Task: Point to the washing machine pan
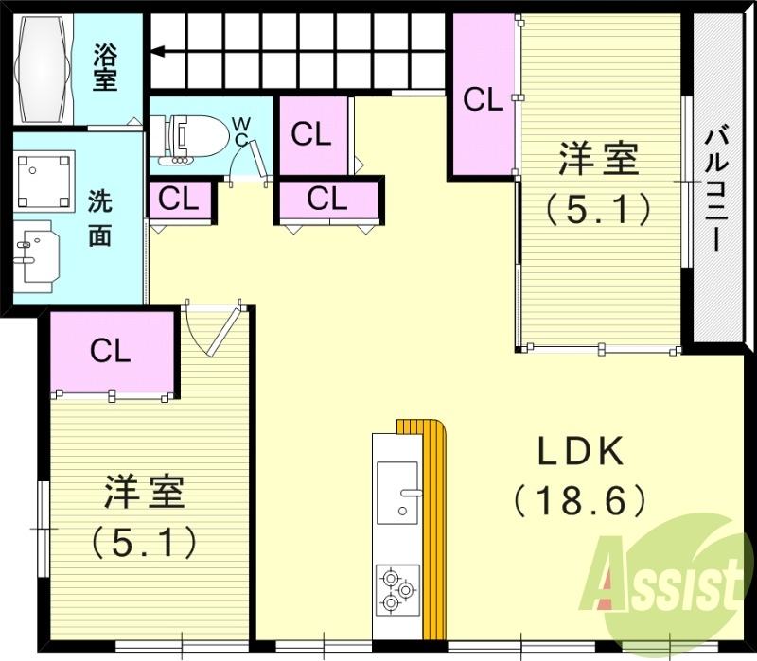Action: pos(44,181)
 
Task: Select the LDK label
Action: pos(580,453)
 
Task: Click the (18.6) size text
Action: pos(580,497)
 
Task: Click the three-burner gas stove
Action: pos(396,588)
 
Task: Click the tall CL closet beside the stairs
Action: pos(483,97)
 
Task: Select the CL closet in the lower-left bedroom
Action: pos(111,351)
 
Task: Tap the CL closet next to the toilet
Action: pos(311,134)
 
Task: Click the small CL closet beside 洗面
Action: pos(178,199)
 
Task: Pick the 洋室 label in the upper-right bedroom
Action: pos(598,158)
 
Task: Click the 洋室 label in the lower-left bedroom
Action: pos(144,493)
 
